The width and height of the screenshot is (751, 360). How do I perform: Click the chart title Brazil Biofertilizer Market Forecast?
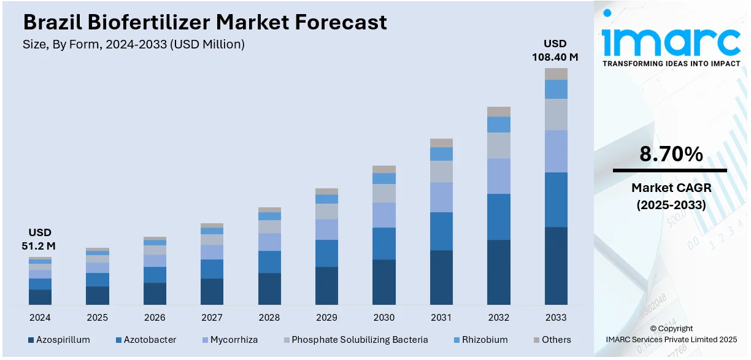205,23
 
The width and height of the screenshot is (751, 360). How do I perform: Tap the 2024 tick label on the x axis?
40,318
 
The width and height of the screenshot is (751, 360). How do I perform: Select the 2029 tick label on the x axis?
326,318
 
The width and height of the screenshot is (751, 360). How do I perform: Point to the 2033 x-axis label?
556,318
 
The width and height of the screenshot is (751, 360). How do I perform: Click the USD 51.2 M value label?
40,239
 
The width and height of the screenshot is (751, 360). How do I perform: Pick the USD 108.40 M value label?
555,50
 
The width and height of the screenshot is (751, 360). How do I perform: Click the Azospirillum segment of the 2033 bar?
556,266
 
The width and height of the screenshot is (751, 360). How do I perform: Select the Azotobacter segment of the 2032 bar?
499,216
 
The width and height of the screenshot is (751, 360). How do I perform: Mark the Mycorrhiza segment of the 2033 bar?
556,151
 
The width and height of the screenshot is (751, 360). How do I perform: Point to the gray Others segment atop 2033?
556,74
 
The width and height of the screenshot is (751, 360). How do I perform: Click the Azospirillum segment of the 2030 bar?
384,281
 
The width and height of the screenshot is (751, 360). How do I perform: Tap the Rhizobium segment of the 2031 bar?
441,153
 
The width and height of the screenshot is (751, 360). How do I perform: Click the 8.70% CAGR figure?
671,155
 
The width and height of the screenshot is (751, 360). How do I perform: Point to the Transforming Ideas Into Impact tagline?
671,64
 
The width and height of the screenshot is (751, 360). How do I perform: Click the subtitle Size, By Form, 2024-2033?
134,44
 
